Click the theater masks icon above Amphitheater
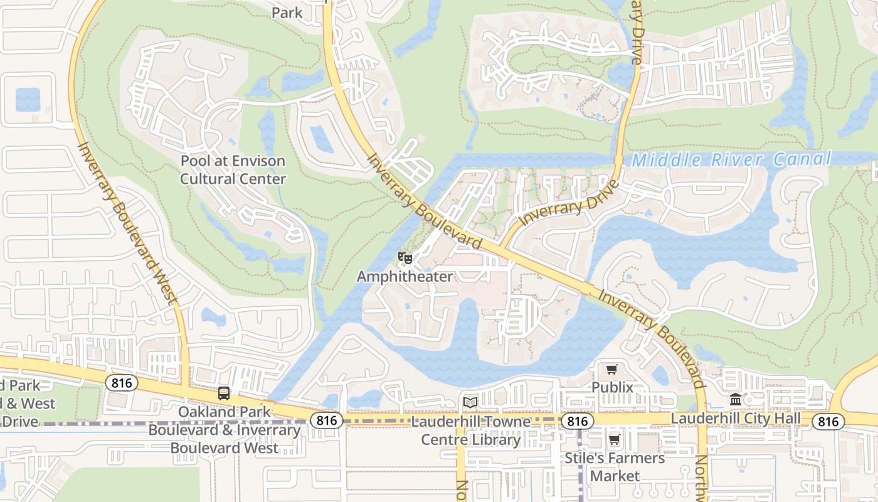(x=405, y=257)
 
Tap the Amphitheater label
(x=405, y=276)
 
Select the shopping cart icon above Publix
(x=612, y=369)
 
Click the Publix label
(x=612, y=387)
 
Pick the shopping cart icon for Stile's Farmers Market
(x=615, y=439)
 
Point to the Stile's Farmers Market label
(x=615, y=467)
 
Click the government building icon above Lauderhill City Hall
(x=736, y=399)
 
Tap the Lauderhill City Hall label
(x=736, y=418)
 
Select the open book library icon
(x=470, y=402)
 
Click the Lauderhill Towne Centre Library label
(x=470, y=430)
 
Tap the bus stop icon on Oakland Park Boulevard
(x=224, y=393)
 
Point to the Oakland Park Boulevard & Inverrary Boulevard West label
(x=225, y=430)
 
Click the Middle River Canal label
(x=731, y=159)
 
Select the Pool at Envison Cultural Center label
(x=233, y=170)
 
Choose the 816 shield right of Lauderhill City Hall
(x=828, y=422)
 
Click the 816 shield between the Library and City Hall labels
(x=576, y=420)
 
